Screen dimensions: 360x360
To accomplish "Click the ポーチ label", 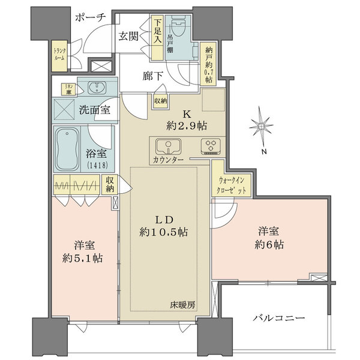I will click(91, 18).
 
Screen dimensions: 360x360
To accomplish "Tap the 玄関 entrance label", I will click(129, 36).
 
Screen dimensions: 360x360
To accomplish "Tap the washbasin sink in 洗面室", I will click(96, 88).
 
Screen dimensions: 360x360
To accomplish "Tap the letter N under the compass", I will click(265, 152).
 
